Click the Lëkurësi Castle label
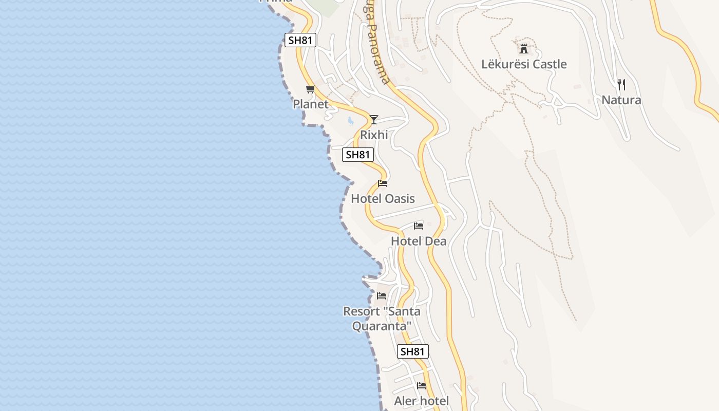coord(524,64)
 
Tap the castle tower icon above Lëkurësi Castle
coord(524,49)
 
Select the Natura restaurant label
coord(621,100)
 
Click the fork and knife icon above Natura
coord(621,85)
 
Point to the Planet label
coord(310,104)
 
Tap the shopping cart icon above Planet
coord(310,89)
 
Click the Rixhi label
coord(373,135)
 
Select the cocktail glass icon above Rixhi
coord(374,120)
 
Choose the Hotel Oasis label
coord(383,199)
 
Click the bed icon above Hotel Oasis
coord(383,183)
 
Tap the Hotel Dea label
coord(419,241)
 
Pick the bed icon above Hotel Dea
coord(419,226)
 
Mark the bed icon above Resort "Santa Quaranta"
coord(382,296)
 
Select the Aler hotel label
coord(421,401)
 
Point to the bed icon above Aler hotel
coord(422,386)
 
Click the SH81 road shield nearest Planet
coord(300,40)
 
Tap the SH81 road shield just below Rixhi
coord(358,154)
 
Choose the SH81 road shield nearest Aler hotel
coord(413,351)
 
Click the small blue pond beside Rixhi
coord(350,121)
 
